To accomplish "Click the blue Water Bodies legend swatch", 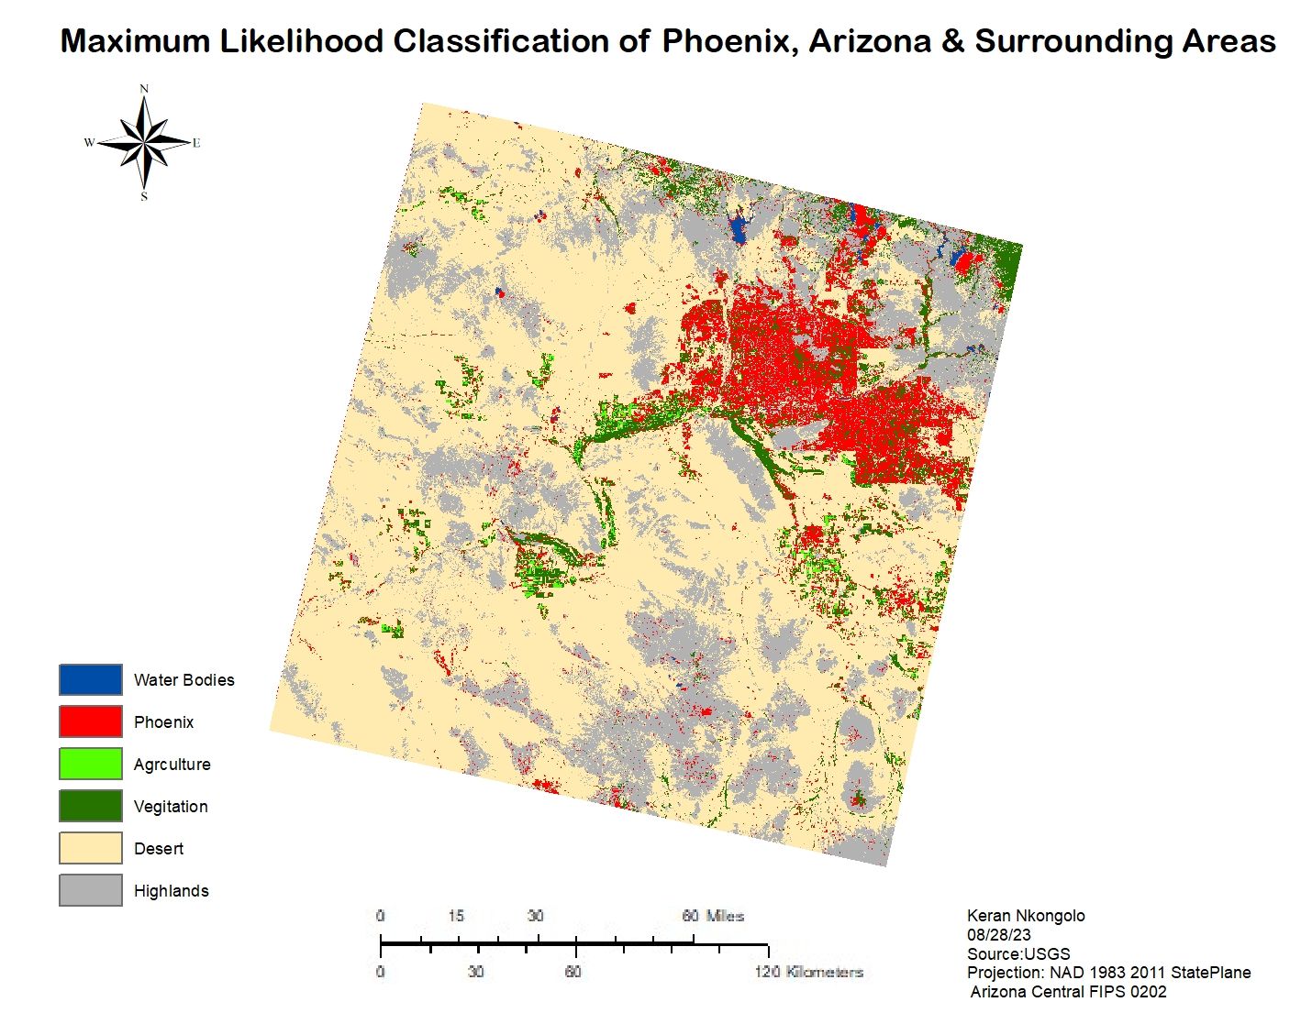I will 90,679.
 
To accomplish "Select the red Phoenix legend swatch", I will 90,721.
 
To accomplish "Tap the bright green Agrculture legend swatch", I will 90,764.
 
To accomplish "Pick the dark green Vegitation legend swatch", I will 90,806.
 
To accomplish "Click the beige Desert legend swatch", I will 90,848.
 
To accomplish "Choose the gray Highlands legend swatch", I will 90,890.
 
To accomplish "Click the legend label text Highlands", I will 171,891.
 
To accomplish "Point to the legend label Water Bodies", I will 183,680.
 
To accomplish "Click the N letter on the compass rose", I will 144,89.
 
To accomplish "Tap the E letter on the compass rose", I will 196,143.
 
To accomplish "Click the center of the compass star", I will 144,143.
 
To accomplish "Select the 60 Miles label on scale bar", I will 713,916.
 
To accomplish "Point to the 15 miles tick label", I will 456,916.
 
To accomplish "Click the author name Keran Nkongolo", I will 1026,916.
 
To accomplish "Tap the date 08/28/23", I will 998,935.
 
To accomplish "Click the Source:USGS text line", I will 1018,953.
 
